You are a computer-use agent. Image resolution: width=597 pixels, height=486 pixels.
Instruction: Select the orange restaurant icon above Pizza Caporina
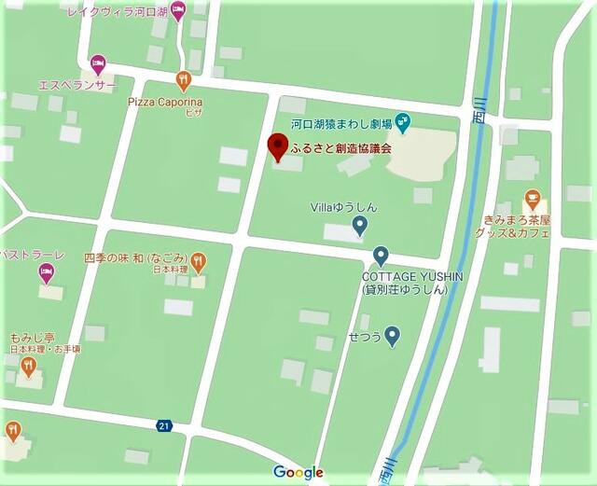184,79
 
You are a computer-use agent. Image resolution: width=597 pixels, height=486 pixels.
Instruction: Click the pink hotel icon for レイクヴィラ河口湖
178,10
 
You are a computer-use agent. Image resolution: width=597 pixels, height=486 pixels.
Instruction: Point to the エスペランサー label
77,85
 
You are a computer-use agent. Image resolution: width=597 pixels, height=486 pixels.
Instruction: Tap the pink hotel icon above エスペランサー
98,64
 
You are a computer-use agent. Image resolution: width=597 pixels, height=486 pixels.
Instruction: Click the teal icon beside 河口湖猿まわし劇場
402,119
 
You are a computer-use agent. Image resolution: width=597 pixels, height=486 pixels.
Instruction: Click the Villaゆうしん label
343,207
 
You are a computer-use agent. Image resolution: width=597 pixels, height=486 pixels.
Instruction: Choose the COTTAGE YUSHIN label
404,277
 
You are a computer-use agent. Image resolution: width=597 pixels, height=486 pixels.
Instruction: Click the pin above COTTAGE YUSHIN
380,256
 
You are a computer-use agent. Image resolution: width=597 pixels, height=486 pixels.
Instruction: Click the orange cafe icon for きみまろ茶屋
532,199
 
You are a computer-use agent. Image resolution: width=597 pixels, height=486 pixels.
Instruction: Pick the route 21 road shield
164,425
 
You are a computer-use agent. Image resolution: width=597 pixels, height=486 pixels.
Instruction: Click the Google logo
298,472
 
